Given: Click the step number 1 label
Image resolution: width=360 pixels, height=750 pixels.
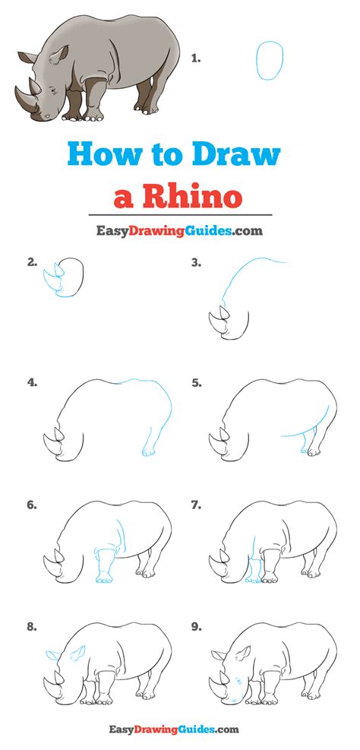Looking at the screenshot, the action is click(195, 59).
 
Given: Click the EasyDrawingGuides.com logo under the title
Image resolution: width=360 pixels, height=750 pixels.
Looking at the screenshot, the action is click(180, 230).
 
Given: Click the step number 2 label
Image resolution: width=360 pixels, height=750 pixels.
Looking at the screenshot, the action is click(33, 262).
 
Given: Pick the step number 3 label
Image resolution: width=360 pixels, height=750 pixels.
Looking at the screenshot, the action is click(196, 262).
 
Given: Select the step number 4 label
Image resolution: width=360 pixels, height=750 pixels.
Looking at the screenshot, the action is click(33, 383).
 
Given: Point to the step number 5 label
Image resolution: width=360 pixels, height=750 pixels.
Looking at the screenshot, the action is click(196, 383).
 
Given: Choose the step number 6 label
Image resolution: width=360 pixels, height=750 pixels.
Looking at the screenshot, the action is click(33, 505).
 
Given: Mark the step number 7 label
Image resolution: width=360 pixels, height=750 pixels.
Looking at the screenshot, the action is click(196, 505).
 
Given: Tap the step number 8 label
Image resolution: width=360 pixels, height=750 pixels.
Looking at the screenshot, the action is click(33, 627).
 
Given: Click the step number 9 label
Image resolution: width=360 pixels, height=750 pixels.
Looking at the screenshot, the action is click(196, 627).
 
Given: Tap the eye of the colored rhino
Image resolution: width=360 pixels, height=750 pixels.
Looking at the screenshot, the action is click(52, 89).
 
